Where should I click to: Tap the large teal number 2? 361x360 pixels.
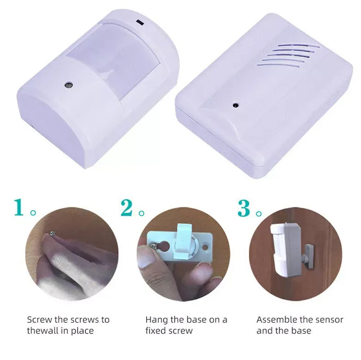127,207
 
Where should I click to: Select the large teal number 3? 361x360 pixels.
244,208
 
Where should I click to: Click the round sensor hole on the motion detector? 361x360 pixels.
68,85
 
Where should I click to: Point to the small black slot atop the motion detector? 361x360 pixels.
140,22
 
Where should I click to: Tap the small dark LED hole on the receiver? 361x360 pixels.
235,105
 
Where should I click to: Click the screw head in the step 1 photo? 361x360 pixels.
53,234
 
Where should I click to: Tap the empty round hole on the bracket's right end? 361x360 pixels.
205,248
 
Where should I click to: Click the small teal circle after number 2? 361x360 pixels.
142,213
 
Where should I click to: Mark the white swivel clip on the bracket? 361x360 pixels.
183,244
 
